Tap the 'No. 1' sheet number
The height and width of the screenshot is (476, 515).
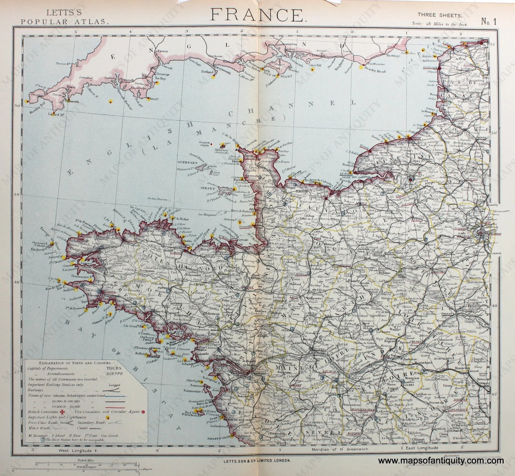(489, 22)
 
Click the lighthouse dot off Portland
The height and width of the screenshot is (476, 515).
(213, 77)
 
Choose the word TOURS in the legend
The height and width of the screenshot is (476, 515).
(114, 368)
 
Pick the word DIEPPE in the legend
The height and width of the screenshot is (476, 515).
(114, 374)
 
